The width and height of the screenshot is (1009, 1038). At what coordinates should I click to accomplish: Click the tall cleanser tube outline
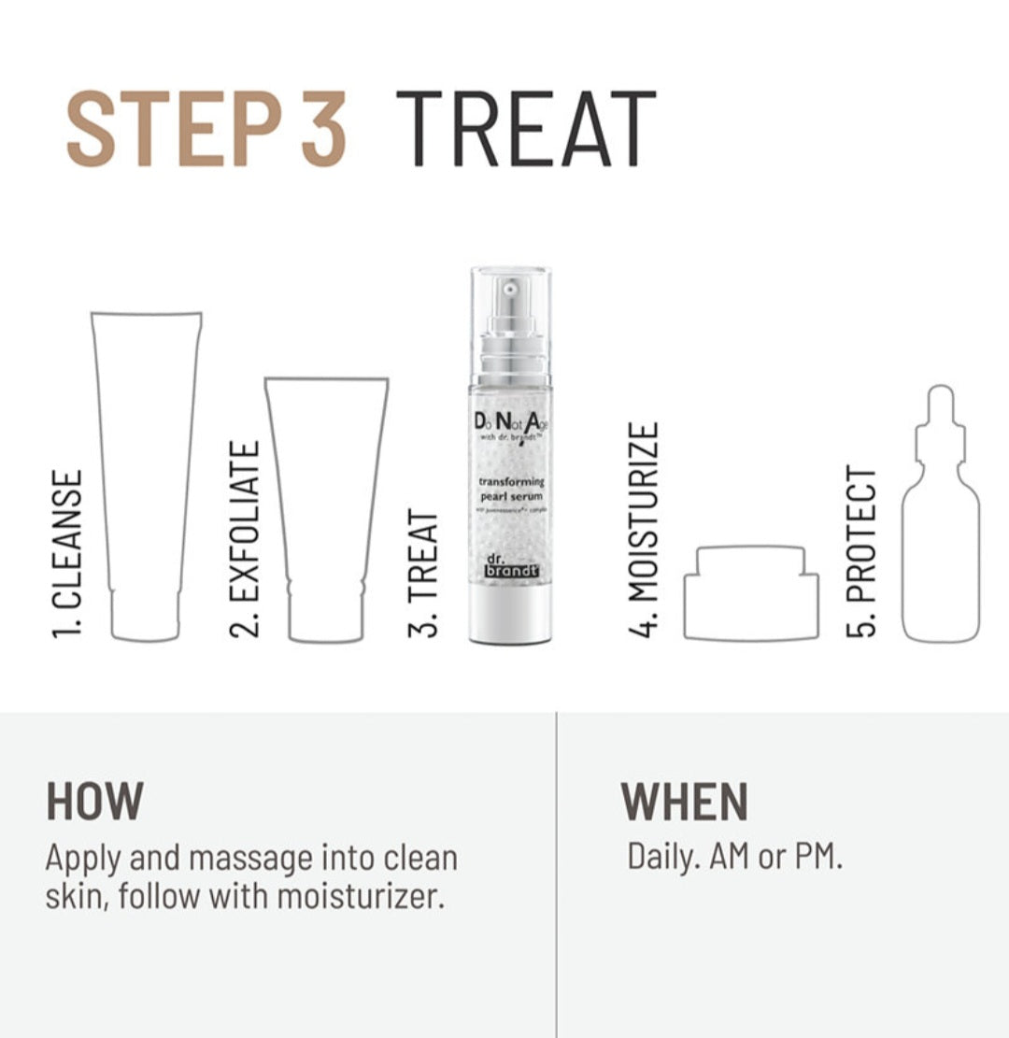(x=146, y=476)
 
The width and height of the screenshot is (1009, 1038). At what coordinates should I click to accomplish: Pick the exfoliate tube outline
(x=326, y=509)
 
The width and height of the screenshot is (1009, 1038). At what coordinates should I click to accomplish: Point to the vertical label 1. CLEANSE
(x=68, y=554)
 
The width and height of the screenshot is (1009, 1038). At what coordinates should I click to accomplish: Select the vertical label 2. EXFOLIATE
(x=244, y=539)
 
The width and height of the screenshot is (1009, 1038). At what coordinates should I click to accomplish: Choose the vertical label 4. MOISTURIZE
(x=643, y=530)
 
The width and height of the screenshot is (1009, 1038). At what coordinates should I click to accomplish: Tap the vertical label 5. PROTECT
(x=861, y=551)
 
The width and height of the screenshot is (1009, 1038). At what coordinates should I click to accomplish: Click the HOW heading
(x=94, y=801)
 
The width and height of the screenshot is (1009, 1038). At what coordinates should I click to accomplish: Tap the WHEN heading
(x=684, y=801)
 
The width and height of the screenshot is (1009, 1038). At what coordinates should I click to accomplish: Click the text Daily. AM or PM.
(x=734, y=858)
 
